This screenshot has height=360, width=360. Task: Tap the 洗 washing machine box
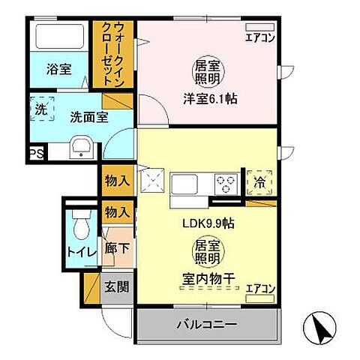click(x=41, y=109)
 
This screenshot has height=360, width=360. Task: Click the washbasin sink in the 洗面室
click(x=80, y=146)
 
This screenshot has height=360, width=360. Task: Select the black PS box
click(x=34, y=154)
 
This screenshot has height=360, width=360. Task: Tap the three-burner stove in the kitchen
click(x=226, y=181)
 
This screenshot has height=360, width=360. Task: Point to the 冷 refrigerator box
click(x=259, y=181)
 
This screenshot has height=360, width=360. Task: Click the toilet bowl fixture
click(x=80, y=225)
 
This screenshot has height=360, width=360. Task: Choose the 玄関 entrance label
click(x=115, y=286)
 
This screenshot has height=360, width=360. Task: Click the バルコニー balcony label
click(x=207, y=325)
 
